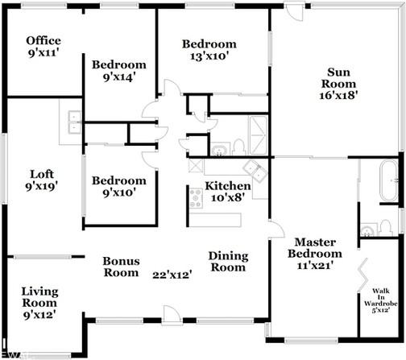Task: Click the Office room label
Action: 43,41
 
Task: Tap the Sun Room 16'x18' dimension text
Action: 338,95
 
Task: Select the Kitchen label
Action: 228,186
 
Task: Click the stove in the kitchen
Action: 196,198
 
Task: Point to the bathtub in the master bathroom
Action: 388,180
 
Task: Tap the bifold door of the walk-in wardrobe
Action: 363,275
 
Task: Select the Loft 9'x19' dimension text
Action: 42,186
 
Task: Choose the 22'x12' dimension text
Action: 172,275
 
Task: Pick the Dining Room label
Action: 228,262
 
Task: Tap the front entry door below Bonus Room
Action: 169,315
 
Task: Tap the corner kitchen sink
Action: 255,172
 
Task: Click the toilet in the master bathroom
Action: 385,228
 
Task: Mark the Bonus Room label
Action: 121,267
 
